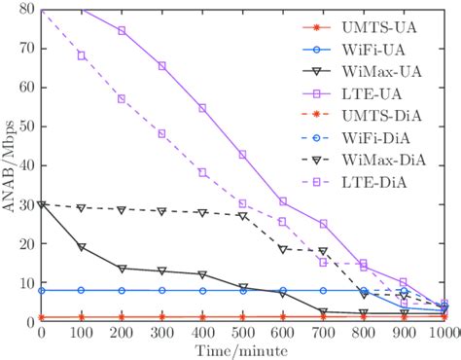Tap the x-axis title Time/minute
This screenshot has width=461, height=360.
pyautogui.click(x=243, y=349)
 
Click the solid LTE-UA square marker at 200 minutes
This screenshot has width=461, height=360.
pyautogui.click(x=122, y=30)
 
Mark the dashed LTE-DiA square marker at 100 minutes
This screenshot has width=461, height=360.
pyautogui.click(x=82, y=55)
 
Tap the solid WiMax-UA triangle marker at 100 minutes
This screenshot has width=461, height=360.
pyautogui.click(x=82, y=247)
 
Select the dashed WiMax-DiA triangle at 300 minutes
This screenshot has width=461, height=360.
pyautogui.click(x=162, y=211)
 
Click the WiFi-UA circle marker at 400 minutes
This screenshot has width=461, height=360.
pyautogui.click(x=202, y=290)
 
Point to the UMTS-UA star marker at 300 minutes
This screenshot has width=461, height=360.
pyautogui.click(x=162, y=317)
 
